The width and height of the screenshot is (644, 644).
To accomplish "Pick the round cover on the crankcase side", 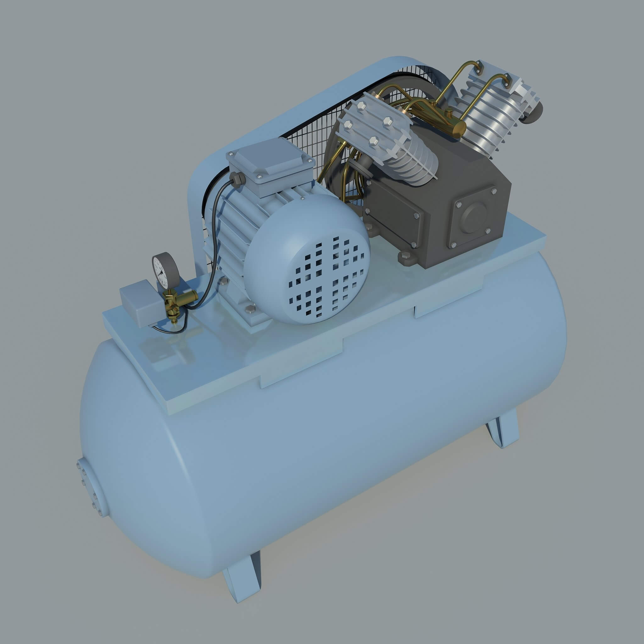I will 474,217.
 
